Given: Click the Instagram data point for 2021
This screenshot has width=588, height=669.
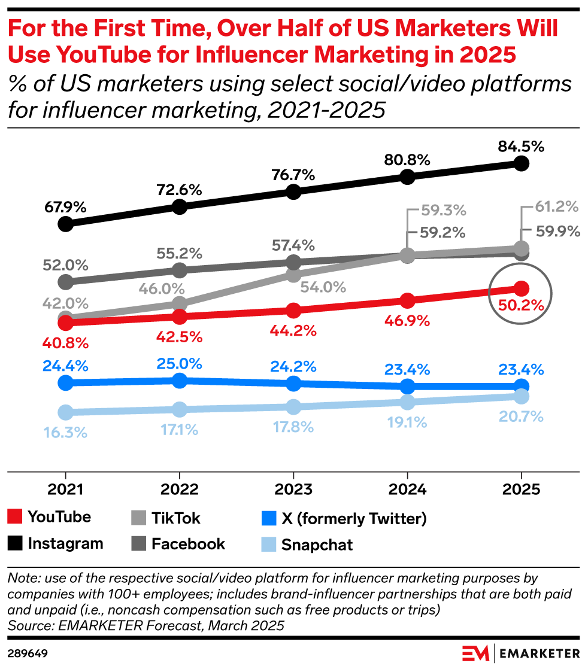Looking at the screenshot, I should [65, 224].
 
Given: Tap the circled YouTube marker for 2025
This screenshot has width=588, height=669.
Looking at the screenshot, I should [521, 288].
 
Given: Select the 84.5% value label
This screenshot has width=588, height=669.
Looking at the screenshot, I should [521, 147].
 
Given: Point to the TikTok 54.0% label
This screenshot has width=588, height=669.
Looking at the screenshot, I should [323, 287].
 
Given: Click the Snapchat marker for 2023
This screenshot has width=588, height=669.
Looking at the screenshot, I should [293, 407].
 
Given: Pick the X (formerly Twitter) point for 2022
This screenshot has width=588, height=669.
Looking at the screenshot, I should [179, 380].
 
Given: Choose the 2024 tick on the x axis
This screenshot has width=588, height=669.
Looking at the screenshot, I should [407, 489].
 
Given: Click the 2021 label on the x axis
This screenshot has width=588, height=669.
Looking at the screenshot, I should [65, 489].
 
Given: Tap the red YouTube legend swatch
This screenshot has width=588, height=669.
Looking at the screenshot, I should [16, 517].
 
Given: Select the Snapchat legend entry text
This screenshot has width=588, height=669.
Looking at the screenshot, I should [317, 545].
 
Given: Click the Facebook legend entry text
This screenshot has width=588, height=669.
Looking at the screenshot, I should [188, 543].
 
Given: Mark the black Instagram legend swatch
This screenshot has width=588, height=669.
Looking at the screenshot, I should [16, 544].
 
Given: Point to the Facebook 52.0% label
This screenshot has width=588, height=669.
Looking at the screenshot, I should [65, 264].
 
